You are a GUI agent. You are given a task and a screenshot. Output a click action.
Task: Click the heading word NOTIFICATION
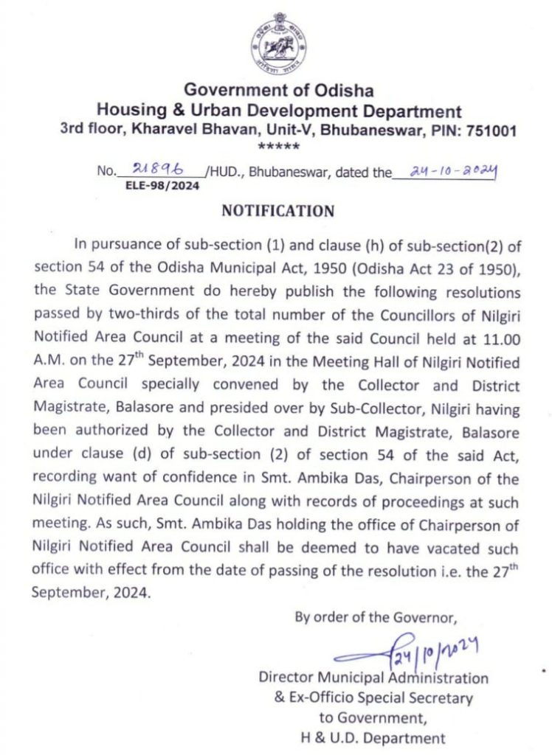pos(277,212)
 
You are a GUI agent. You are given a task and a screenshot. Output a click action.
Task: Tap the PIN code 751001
pos(489,131)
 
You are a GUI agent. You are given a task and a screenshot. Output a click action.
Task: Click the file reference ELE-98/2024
pos(163,187)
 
